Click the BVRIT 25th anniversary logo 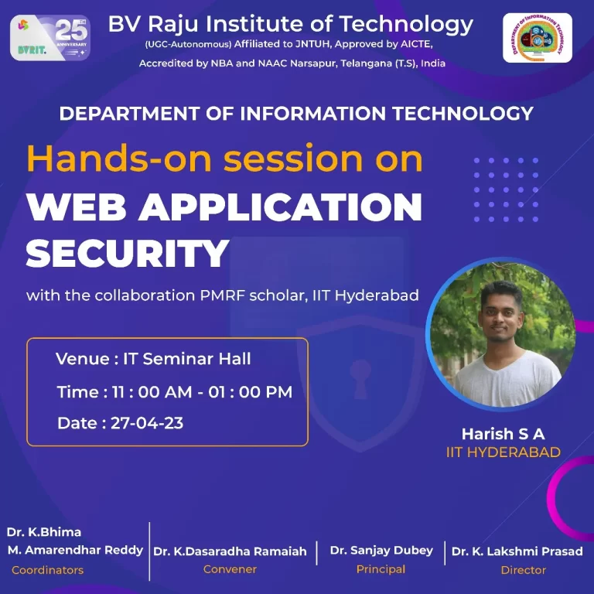[x=50, y=37]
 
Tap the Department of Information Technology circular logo [x=538, y=38]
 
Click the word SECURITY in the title [x=128, y=254]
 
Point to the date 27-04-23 [x=147, y=423]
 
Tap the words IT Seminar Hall [x=186, y=359]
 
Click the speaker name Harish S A [x=503, y=434]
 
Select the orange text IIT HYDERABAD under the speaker [x=503, y=452]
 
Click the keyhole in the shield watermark [x=360, y=377]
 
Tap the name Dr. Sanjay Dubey [x=381, y=551]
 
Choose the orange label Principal [x=381, y=569]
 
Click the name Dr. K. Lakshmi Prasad [x=517, y=551]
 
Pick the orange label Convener [x=230, y=569]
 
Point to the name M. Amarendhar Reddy [x=75, y=550]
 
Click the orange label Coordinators [x=48, y=570]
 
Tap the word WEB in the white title [x=76, y=207]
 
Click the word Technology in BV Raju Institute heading [x=406, y=25]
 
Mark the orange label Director [x=524, y=570]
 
